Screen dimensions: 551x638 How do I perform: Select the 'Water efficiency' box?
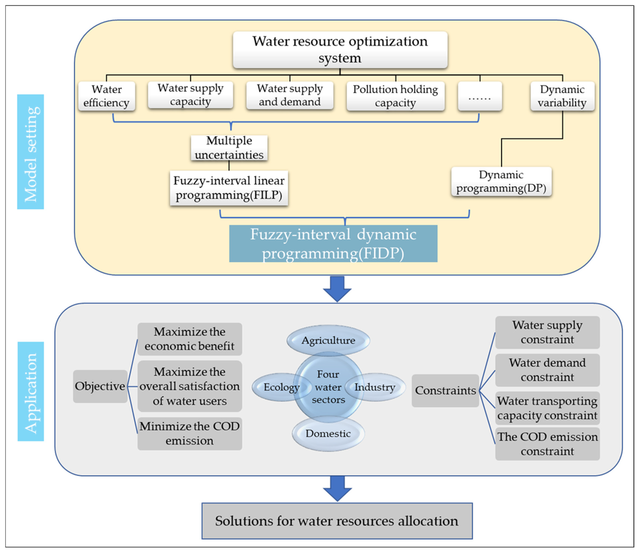coord(107,96)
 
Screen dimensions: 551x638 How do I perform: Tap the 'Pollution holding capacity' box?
coord(395,96)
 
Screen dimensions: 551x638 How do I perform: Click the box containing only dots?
coord(480,96)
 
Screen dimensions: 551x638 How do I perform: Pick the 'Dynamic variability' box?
coord(562,96)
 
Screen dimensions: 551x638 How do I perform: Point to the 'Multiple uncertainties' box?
coord(229,148)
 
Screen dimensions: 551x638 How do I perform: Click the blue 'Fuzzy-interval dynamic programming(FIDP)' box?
coord(333,244)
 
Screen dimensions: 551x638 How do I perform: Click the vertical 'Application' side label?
coord(30,391)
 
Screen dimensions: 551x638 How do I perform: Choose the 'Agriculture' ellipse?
coord(328,340)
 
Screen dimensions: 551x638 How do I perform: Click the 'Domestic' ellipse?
coord(328,434)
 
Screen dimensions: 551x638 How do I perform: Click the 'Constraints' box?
coord(445,390)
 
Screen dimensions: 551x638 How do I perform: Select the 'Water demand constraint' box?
coord(547,370)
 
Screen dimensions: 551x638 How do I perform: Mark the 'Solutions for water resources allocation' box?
coord(337,521)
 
